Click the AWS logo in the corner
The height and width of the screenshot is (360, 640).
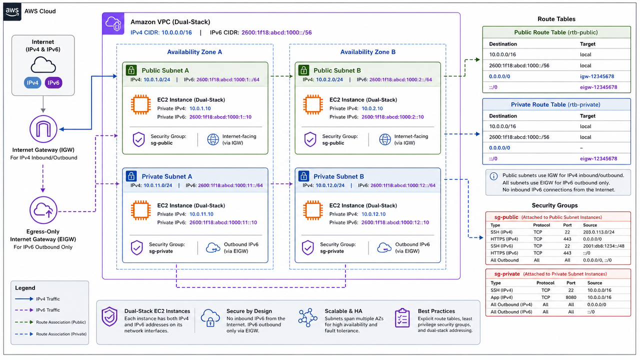(12, 12)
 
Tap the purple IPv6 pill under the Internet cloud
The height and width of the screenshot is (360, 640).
(53, 83)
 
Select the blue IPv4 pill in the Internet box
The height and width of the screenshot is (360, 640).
(32, 83)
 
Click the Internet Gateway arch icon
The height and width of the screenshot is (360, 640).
(43, 129)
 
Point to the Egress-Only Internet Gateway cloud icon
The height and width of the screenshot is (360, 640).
(43, 210)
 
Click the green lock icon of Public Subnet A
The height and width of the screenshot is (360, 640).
(131, 70)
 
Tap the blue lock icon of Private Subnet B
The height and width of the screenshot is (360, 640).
(303, 176)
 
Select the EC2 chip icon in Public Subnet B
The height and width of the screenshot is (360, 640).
(313, 104)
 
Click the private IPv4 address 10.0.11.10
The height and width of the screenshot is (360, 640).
(201, 214)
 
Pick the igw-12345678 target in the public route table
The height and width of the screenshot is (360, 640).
(597, 76)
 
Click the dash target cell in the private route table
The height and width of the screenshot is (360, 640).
(581, 148)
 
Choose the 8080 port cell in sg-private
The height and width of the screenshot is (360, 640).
(571, 297)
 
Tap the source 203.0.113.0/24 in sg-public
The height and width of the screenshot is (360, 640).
(598, 232)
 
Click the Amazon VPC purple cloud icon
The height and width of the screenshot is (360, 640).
(113, 23)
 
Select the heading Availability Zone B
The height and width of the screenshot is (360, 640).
(367, 52)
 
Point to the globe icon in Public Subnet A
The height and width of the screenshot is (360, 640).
(213, 139)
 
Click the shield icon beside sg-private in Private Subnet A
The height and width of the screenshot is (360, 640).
(137, 247)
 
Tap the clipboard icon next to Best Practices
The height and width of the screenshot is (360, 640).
(402, 317)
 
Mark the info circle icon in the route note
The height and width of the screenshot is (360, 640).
(493, 176)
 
